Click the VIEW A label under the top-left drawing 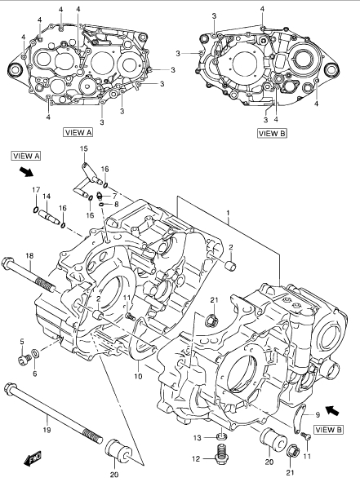click(78, 132)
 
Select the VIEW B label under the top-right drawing click(273, 133)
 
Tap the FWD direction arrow click(33, 458)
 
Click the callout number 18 click(29, 255)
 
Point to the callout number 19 click(47, 430)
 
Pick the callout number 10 click(138, 376)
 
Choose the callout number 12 click(196, 459)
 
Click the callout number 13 click(198, 438)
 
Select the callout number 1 click(228, 213)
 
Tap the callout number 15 click(84, 148)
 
